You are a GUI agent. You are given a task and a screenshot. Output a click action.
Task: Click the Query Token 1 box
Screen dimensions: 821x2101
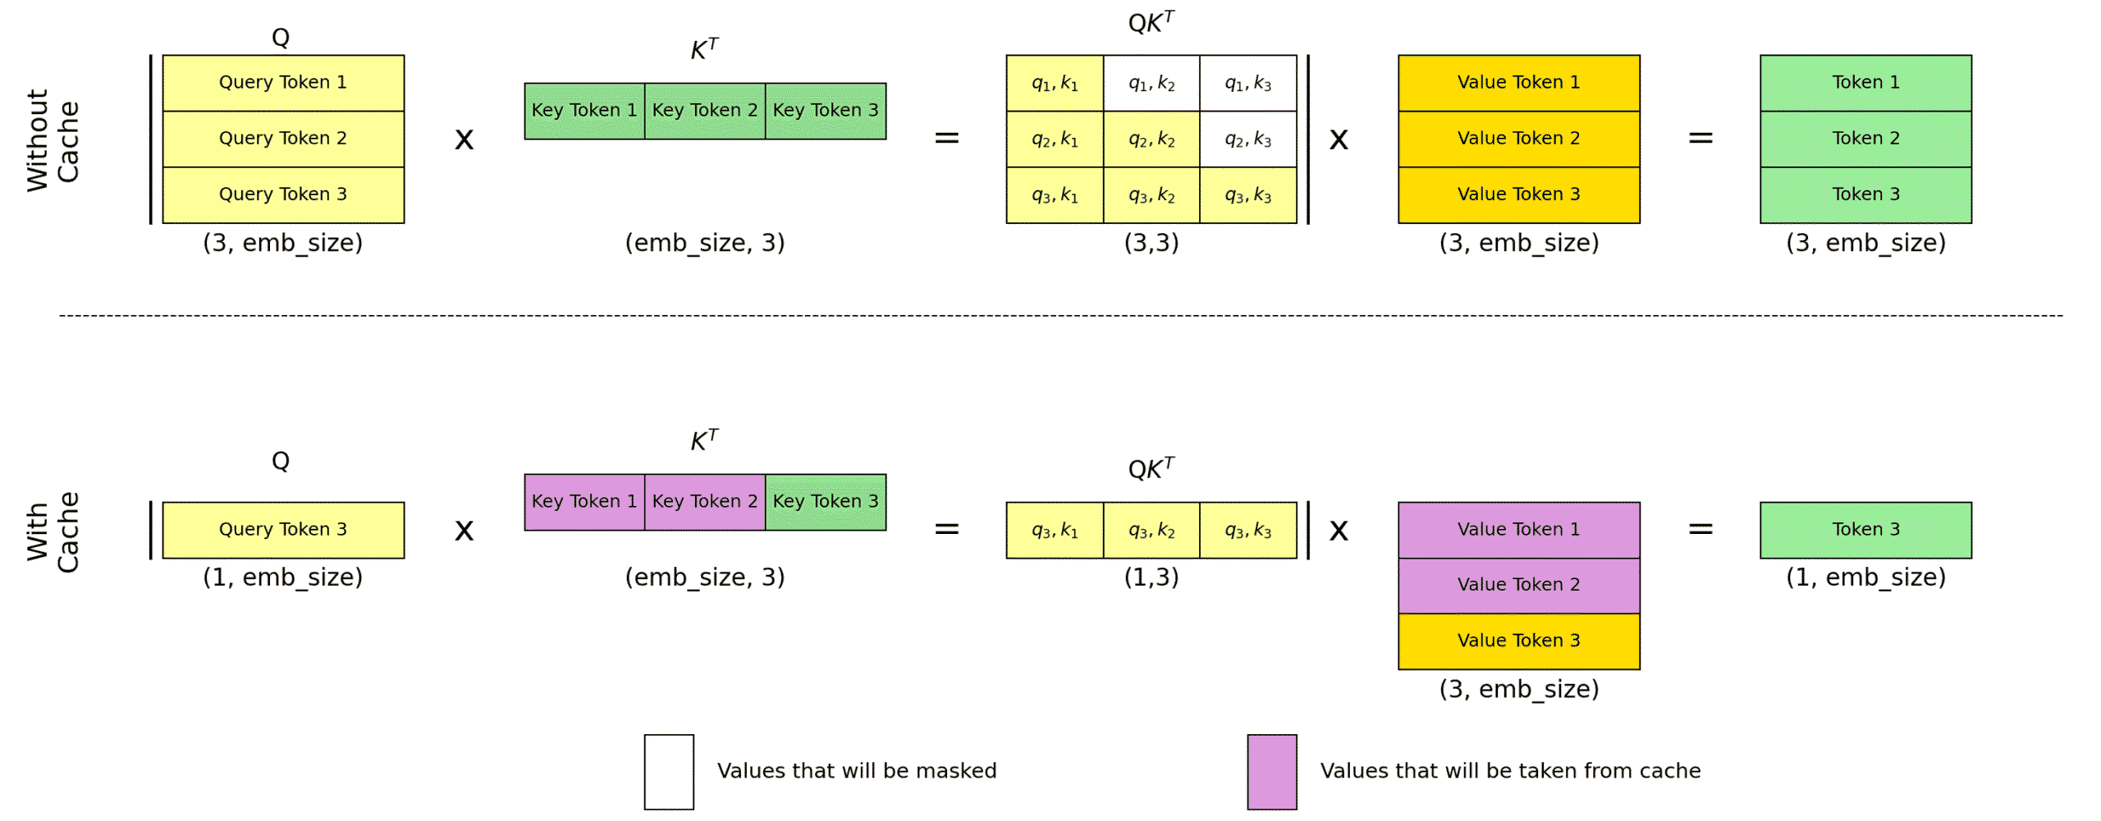(282, 83)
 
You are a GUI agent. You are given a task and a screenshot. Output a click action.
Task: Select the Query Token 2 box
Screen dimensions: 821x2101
(282, 139)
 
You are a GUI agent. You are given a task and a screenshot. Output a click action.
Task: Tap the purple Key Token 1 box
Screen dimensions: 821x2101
(584, 501)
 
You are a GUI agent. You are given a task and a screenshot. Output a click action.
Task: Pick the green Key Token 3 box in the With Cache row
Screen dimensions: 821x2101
(825, 501)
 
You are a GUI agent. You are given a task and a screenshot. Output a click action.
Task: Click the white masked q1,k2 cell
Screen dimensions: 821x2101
(1151, 83)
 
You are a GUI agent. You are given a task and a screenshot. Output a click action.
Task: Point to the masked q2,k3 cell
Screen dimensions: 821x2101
(1247, 139)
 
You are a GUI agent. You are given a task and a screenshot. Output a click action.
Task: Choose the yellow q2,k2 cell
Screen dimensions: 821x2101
(1151, 139)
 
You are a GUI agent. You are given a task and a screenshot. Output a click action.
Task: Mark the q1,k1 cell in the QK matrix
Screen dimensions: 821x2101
(1054, 83)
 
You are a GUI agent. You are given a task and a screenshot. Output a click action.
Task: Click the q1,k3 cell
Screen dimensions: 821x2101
(1247, 83)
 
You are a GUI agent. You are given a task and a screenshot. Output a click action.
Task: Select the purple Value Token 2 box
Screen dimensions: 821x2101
(1518, 585)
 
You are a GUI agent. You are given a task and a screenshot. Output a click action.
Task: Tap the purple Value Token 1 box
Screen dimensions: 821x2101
(1518, 529)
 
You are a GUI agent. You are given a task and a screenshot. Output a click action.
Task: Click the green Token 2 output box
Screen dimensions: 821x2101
(1865, 139)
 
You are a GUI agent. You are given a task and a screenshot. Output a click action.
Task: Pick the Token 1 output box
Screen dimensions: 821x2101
(1865, 83)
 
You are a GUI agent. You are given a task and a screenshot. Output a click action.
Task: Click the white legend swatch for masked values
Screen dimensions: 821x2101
(668, 771)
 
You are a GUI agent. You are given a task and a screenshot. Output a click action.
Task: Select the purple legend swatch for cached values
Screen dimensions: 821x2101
(1271, 771)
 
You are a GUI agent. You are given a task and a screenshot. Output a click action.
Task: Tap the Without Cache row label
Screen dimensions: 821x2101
(53, 140)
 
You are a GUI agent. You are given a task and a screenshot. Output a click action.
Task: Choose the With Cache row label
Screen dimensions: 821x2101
(53, 531)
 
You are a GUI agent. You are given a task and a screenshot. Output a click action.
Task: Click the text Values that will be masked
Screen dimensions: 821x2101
(856, 771)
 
